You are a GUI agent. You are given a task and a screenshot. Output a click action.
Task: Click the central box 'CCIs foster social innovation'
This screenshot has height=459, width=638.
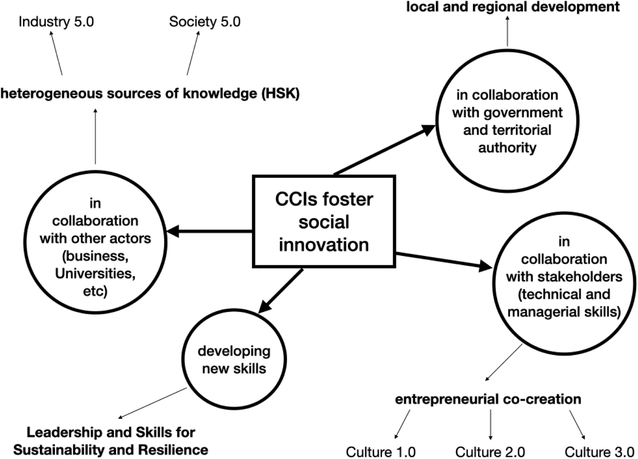pos(324,222)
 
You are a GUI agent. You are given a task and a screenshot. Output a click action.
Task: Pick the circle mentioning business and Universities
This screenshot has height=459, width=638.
pos(95,242)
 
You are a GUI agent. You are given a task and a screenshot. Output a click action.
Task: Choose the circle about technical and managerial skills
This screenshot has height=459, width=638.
pos(564,283)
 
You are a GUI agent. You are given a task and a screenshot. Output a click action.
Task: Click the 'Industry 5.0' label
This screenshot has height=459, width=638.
pos(56,22)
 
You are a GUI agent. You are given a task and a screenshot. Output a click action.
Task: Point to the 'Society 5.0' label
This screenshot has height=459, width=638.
pos(205,22)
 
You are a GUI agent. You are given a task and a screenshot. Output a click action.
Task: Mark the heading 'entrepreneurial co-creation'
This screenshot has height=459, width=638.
pos(488,399)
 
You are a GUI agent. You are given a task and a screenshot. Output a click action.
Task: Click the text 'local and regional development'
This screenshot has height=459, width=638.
pos(513,7)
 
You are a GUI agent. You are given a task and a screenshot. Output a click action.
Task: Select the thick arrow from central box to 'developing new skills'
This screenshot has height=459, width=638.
pos(281,291)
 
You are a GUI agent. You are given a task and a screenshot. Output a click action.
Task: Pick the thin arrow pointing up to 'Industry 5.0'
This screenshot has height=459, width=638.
pos(57,53)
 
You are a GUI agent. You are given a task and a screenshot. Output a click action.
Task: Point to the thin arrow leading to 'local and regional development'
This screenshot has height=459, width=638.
pos(508,31)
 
